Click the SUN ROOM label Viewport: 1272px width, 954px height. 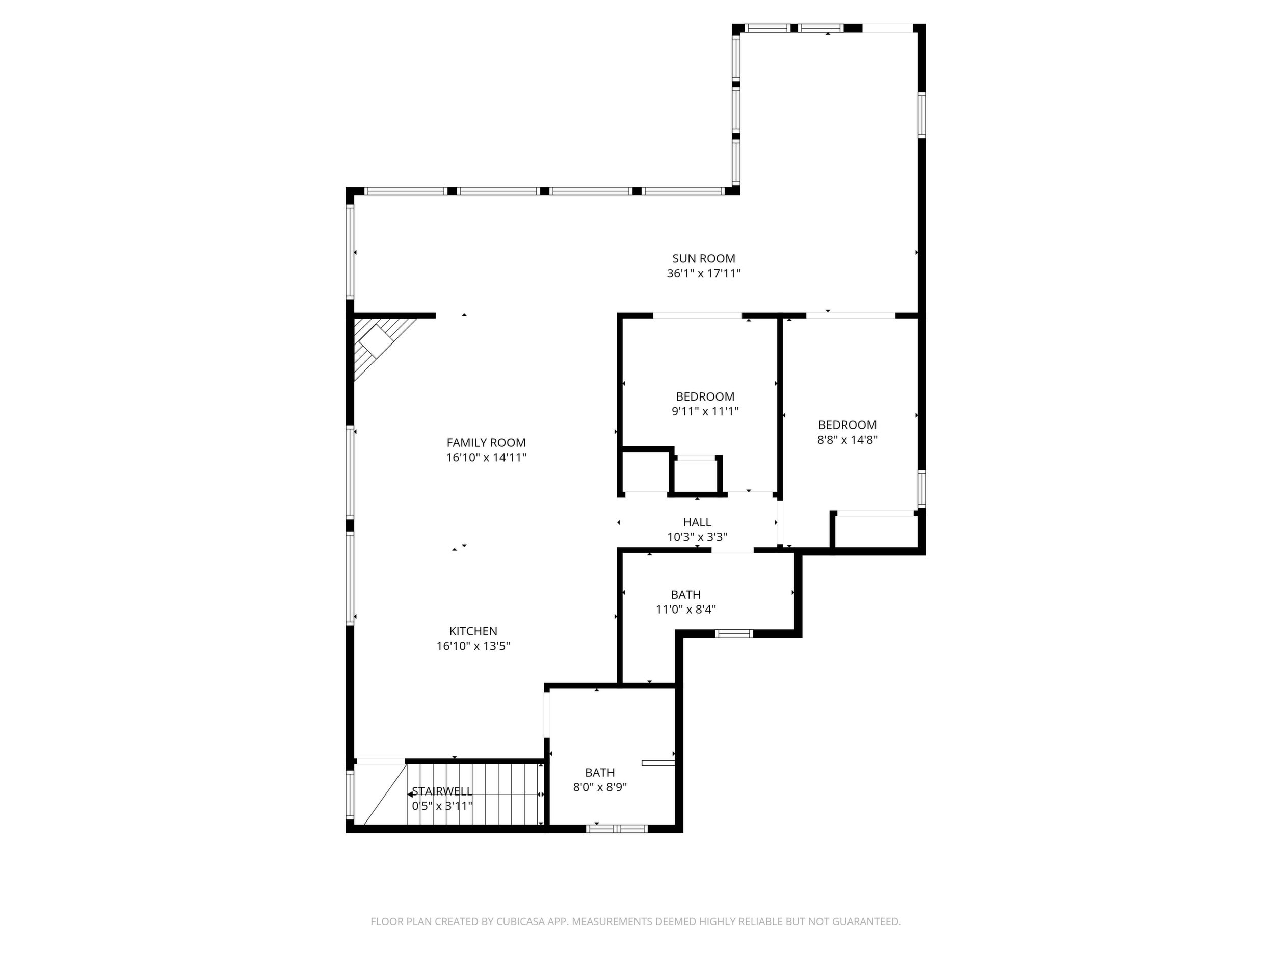pos(704,259)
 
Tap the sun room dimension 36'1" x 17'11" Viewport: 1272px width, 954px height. pos(704,274)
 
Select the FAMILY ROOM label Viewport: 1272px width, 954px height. pos(486,443)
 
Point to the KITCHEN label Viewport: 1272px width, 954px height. pos(473,631)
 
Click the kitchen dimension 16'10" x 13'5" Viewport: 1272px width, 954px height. pos(473,646)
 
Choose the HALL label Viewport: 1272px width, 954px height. pos(697,522)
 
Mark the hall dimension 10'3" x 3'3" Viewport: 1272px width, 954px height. pos(697,537)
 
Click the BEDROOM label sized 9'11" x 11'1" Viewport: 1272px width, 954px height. pos(705,397)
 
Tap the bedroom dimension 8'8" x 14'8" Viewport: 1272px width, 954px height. pos(847,440)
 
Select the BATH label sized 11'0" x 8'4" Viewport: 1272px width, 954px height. pos(685,595)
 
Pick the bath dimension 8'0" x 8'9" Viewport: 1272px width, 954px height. pos(600,787)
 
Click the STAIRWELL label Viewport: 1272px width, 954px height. pos(442,791)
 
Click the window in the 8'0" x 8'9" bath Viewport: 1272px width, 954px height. pos(617,829)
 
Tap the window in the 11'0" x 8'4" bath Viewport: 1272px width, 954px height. pos(734,633)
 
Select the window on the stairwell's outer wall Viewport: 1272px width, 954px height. pos(350,794)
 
